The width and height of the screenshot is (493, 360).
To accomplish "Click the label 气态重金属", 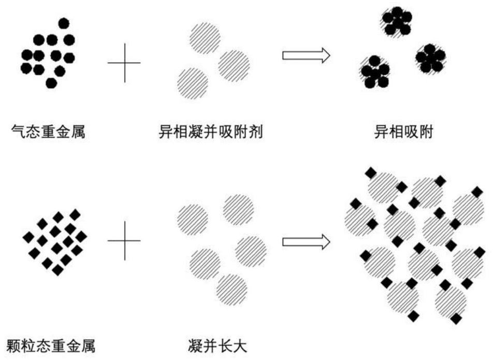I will click(x=48, y=133).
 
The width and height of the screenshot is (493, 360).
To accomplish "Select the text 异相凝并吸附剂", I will click(x=210, y=133).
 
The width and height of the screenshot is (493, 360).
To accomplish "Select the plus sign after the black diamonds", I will click(x=124, y=241).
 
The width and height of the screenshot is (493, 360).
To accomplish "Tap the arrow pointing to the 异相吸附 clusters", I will click(x=306, y=55).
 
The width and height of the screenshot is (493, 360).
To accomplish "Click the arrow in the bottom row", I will click(x=306, y=241).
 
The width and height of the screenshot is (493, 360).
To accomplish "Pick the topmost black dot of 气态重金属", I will click(x=63, y=23).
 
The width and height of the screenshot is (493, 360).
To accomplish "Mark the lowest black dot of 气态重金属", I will click(x=51, y=83).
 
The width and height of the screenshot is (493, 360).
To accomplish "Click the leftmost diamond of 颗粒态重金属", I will click(x=28, y=237).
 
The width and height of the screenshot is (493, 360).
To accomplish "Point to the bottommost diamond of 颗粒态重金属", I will click(x=57, y=270).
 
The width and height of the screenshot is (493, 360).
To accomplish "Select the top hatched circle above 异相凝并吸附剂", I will click(x=205, y=39).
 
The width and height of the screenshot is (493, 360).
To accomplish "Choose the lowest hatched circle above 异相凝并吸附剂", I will click(x=193, y=83).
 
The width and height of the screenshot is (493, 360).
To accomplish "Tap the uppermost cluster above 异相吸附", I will click(x=397, y=22).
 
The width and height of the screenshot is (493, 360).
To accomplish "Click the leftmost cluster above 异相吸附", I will click(x=375, y=71).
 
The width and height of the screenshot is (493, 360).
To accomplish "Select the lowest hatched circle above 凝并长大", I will click(x=231, y=288).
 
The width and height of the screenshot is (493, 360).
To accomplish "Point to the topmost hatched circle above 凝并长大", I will click(x=239, y=209).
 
